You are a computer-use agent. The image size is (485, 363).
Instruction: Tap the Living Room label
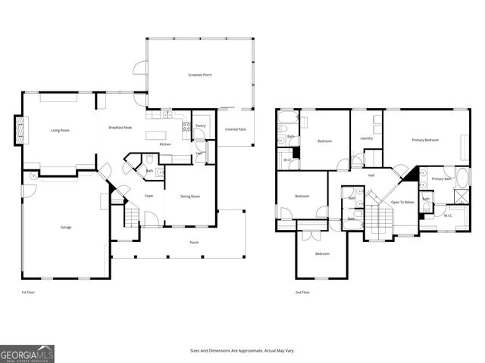coord(61,131)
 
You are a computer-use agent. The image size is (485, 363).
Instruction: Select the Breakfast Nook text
coord(120,128)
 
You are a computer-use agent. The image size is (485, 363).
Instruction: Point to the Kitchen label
coord(165,144)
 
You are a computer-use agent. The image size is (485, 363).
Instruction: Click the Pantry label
coord(201,126)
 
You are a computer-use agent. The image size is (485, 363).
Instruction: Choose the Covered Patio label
coord(236,129)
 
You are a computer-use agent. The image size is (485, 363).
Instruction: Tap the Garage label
coord(66,227)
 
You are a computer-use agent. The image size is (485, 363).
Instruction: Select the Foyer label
coord(149,196)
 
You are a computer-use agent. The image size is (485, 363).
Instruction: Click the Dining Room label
coord(189,196)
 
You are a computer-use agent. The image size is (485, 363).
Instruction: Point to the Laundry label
coord(367,138)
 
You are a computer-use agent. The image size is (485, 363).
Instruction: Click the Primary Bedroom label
coord(425,140)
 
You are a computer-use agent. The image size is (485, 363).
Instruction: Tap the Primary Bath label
coord(442,178)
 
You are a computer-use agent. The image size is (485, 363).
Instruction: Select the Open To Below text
coord(402,202)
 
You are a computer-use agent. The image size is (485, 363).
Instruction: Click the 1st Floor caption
coord(28,292)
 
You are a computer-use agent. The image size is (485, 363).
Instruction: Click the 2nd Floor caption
coord(301,292)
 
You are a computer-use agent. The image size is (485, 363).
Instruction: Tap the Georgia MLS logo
coord(27,353)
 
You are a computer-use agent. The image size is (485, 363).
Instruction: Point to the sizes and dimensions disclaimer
coord(242,350)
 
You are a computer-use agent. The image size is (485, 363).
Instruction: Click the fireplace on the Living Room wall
coord(20,129)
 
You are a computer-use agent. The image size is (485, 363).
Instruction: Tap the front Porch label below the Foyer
coord(194,242)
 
